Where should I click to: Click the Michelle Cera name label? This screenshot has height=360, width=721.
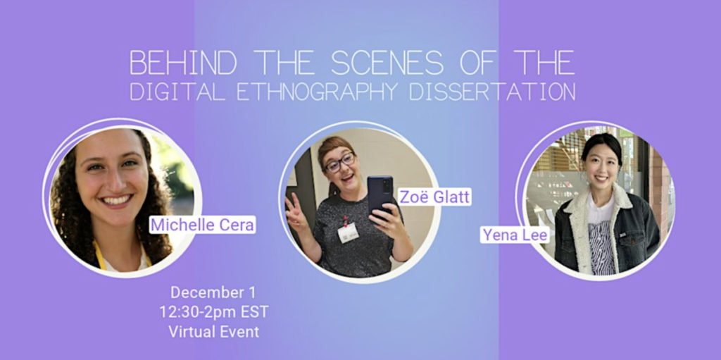(202, 225)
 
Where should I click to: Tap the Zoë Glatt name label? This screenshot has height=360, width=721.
(434, 197)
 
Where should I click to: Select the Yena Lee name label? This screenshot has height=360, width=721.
(515, 235)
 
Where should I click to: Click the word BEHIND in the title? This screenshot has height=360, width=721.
(183, 63)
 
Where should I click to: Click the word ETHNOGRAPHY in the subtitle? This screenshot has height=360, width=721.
(316, 92)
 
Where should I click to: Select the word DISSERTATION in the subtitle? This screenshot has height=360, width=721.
(492, 92)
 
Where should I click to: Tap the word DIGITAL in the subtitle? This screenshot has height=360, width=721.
(177, 92)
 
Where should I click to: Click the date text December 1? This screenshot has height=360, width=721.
(213, 292)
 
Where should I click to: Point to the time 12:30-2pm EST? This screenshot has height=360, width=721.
(214, 312)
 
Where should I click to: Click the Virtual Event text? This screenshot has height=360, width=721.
(214, 331)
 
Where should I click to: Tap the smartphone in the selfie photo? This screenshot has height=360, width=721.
(380, 194)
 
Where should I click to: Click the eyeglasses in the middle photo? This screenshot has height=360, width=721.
(340, 163)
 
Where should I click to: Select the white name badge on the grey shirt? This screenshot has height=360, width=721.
(348, 233)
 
